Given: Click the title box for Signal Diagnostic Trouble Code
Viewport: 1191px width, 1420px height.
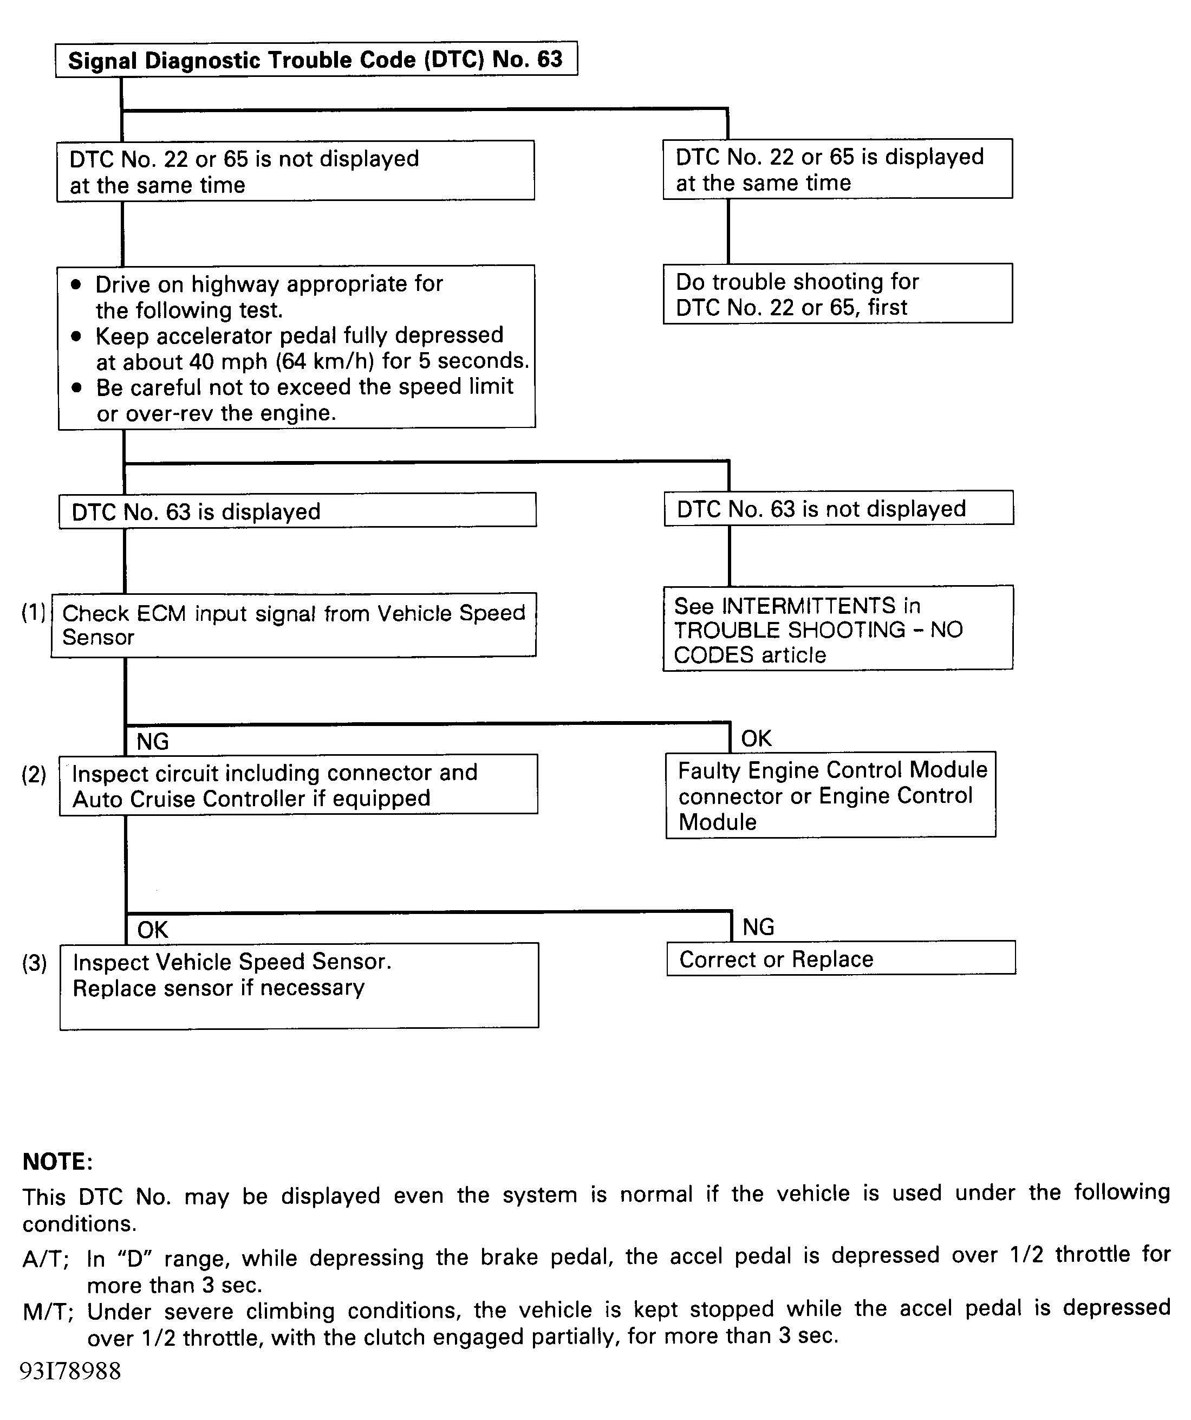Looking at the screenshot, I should point(316,60).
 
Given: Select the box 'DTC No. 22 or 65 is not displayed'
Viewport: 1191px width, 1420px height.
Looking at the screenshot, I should point(295,171).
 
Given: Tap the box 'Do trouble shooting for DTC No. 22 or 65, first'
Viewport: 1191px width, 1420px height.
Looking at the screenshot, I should point(837,294).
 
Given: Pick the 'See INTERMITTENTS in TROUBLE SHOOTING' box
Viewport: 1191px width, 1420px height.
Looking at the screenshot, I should point(837,629).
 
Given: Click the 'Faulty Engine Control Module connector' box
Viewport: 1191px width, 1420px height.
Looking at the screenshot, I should point(831,795).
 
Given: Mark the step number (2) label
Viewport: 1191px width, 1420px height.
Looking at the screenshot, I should point(34,774).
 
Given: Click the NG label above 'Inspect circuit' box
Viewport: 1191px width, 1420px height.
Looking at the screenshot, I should point(153,742).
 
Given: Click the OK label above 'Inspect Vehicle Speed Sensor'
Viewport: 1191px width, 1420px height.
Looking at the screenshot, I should point(153,930).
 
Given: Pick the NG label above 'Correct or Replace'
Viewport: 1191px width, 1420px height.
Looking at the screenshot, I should point(758,927).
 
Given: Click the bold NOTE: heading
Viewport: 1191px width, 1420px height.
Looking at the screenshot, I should point(57,1162).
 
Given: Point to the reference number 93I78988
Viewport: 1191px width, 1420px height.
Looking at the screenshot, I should point(70,1371).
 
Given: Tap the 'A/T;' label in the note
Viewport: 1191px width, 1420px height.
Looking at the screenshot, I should point(46,1259).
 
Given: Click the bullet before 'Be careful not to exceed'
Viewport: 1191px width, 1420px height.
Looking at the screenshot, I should point(76,388).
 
